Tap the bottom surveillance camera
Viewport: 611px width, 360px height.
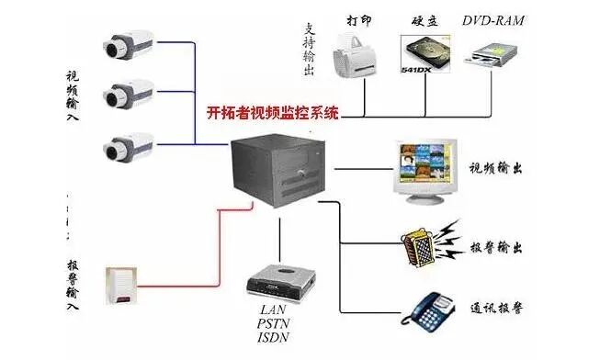point(126,146)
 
